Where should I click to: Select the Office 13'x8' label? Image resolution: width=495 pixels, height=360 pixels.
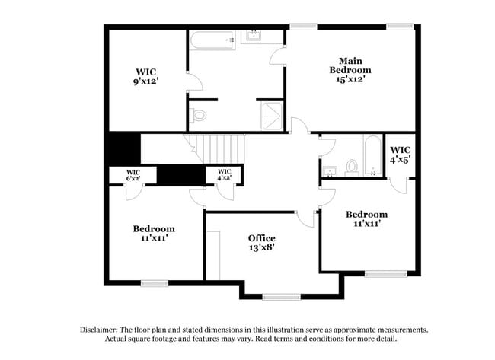coord(261,243)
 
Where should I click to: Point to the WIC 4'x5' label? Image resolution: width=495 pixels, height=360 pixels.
coord(401,155)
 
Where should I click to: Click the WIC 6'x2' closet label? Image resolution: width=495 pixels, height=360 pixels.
coord(133,175)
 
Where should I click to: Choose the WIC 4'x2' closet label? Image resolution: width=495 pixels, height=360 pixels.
coord(224,175)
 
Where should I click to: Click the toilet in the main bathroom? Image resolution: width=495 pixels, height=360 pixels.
coord(200,116)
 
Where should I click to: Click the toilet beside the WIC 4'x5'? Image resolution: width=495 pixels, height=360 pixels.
coord(353,166)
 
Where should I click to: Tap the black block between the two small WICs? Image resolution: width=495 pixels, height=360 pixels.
coord(180,174)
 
